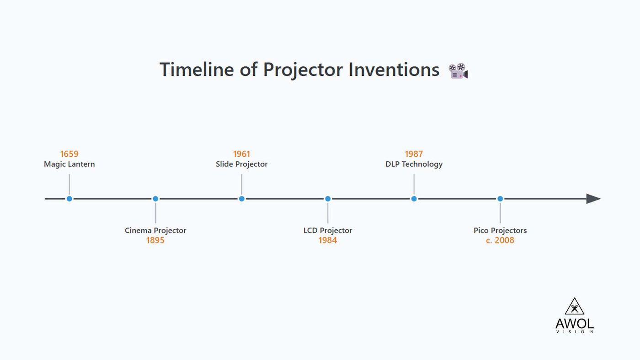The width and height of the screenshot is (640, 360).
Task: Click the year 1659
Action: pyautogui.click(x=69, y=154)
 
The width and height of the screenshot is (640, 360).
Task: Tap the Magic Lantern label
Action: pyautogui.click(x=69, y=164)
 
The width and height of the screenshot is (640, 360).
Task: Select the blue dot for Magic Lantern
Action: pyautogui.click(x=69, y=199)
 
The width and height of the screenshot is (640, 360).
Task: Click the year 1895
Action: pyautogui.click(x=155, y=240)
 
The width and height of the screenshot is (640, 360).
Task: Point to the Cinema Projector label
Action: pyautogui.click(x=155, y=230)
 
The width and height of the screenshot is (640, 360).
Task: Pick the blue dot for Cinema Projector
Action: pyautogui.click(x=155, y=199)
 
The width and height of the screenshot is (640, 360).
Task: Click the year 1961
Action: pyautogui.click(x=241, y=154)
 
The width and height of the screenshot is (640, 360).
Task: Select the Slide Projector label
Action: pyautogui.click(x=241, y=164)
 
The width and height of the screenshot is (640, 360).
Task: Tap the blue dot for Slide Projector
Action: pyautogui.click(x=241, y=199)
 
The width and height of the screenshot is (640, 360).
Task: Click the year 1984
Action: pyautogui.click(x=328, y=240)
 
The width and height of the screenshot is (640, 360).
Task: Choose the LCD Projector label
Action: pyautogui.click(x=328, y=230)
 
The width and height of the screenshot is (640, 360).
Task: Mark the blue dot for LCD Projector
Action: pyautogui.click(x=328, y=199)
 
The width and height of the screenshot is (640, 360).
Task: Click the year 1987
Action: pyautogui.click(x=414, y=154)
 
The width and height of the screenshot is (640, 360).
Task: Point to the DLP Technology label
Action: pyautogui.click(x=414, y=164)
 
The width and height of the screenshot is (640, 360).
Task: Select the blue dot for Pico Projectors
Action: pyautogui.click(x=500, y=199)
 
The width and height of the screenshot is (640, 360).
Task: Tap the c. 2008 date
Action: pyautogui.click(x=500, y=240)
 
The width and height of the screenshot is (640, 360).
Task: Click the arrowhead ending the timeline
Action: pyautogui.click(x=593, y=199)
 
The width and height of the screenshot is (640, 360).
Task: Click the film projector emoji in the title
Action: pyautogui.click(x=458, y=71)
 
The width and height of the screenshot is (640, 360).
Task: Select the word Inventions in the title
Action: pyautogui.click(x=394, y=70)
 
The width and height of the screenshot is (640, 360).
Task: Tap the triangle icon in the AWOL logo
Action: pyautogui.click(x=575, y=307)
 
